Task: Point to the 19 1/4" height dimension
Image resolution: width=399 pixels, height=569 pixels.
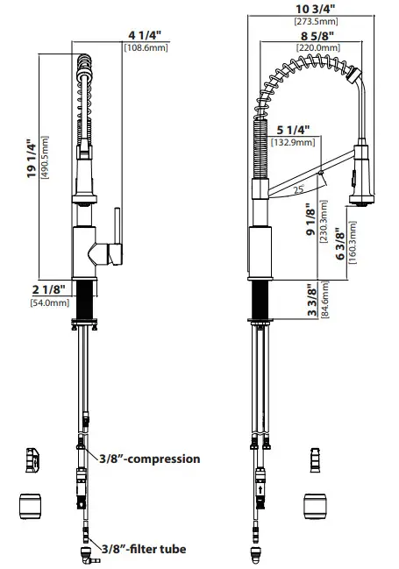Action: point(33,159)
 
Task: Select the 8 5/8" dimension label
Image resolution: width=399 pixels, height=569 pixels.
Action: point(303,36)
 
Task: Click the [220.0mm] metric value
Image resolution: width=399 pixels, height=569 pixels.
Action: point(303,47)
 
